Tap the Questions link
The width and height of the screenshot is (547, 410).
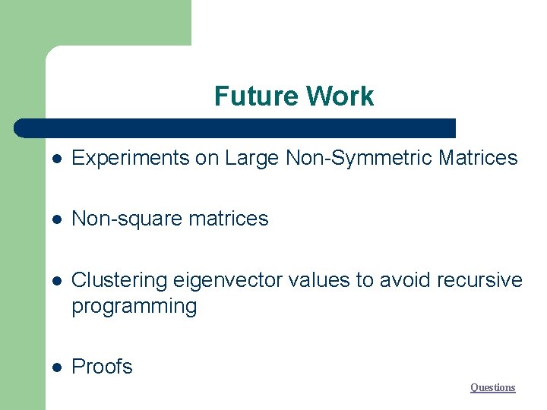(x=492, y=387)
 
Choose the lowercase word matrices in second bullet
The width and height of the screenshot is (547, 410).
(x=228, y=219)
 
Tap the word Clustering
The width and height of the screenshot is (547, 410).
(x=119, y=280)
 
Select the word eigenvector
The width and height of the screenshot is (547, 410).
(x=223, y=280)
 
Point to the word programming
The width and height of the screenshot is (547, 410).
(x=134, y=307)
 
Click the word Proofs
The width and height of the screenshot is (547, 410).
(x=102, y=367)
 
